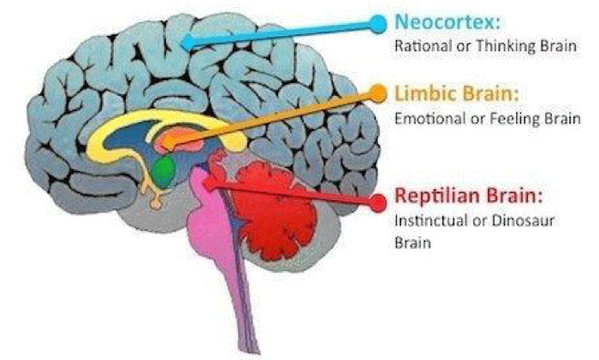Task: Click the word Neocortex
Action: point(445,22)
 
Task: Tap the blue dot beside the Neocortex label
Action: point(378,24)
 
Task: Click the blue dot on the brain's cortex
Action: point(188,43)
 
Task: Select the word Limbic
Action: point(424,93)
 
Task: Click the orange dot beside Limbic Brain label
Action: point(377,93)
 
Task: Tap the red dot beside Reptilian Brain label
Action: point(378,203)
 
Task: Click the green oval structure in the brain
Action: point(164,171)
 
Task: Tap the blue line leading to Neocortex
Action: point(283,33)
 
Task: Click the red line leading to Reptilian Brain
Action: point(294,193)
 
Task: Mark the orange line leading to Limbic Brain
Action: point(274,118)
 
